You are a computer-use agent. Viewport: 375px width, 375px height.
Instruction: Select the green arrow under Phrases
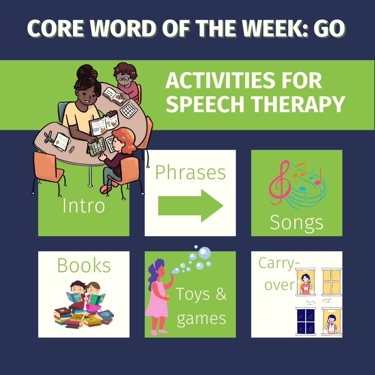pos(191,206)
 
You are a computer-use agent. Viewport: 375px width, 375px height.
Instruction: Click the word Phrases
pos(190,173)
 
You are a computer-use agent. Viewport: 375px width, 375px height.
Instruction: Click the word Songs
pos(297,222)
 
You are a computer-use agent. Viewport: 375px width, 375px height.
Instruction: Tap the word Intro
pos(84,206)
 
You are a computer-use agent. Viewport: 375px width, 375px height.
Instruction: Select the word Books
pos(84,266)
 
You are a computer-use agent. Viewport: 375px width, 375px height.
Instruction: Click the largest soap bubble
pos(204,253)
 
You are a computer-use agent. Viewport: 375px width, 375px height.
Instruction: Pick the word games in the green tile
pos(201,318)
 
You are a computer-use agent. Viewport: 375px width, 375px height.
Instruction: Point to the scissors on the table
pos(48,137)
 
